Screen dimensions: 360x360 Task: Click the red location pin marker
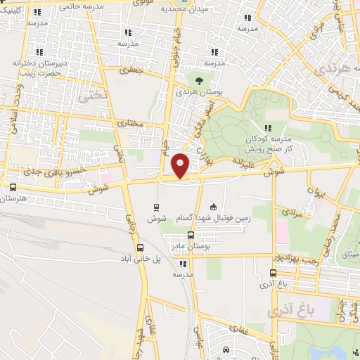tap(181, 165)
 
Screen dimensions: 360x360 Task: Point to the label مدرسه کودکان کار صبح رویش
tap(266, 143)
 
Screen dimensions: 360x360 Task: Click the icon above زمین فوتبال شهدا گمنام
tap(214, 207)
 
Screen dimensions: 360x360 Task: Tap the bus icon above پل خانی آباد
tap(140, 247)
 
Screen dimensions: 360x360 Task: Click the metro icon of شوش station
tap(156, 207)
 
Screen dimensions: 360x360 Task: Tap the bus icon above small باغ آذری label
tap(274, 273)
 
